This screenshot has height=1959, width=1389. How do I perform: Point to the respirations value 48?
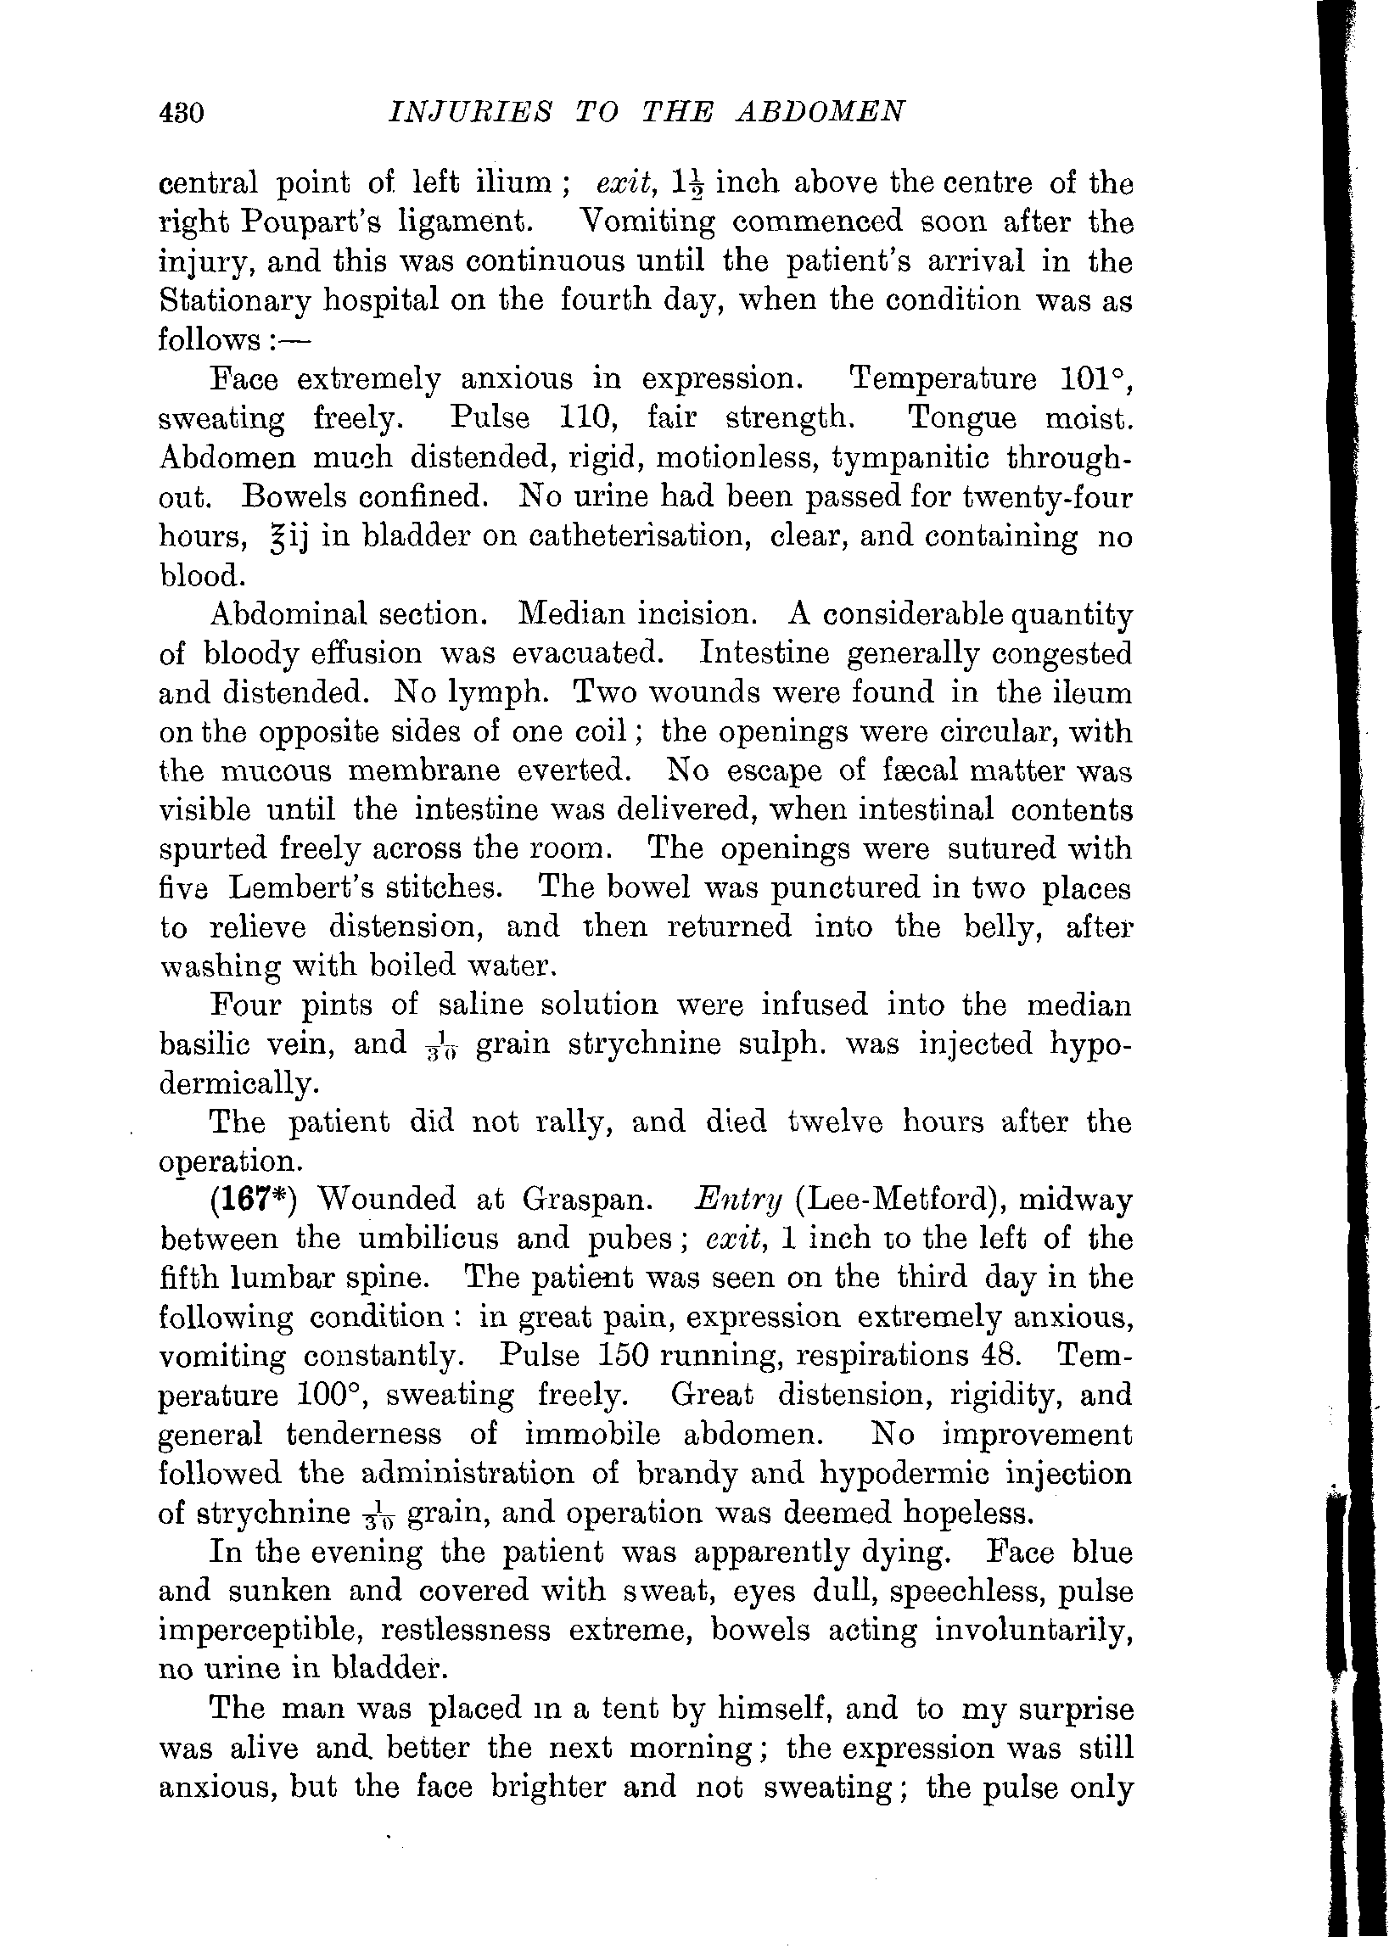[995, 1356]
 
